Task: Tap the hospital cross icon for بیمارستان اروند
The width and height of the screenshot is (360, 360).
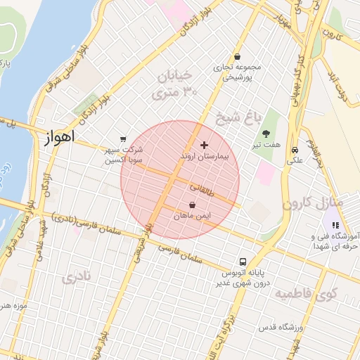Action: point(204,144)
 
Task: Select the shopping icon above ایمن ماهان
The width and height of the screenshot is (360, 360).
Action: point(192,205)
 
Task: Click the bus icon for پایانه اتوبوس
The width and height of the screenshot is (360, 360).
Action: point(242,261)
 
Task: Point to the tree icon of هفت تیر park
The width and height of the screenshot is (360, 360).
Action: point(266,134)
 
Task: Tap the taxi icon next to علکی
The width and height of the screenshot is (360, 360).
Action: point(295,150)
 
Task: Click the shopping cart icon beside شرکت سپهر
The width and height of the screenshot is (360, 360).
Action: point(124,139)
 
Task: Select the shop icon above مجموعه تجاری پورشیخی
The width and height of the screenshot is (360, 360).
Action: point(237,57)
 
